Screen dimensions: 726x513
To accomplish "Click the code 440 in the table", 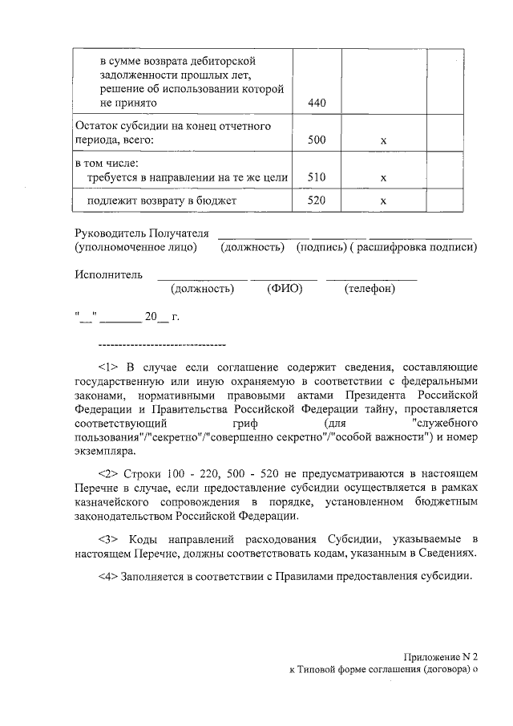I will coord(317,103).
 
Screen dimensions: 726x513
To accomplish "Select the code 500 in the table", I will coord(317,140).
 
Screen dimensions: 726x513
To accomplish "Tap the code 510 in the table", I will coord(317,177).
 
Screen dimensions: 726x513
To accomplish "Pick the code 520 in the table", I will coord(317,201).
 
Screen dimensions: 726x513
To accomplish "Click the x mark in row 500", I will coord(383,141).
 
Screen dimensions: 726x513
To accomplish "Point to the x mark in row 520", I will coord(383,201).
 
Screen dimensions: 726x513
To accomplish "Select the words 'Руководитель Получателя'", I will coord(141,233).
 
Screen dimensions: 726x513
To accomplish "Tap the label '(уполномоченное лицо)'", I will coord(135,247).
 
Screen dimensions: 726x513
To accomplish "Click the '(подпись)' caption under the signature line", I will coord(320,247).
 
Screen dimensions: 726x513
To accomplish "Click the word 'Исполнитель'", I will coord(108,274).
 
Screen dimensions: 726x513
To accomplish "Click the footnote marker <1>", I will coord(108,367).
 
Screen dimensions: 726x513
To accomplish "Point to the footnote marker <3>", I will coord(108,537).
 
